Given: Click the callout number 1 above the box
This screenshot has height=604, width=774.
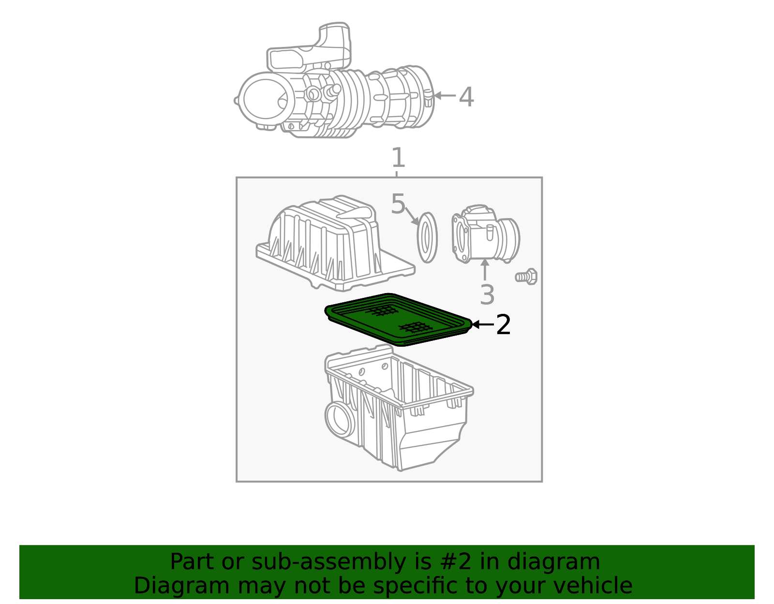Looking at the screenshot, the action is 398,158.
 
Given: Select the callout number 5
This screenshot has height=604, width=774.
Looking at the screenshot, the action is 398,204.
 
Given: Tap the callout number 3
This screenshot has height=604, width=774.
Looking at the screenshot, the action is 487,295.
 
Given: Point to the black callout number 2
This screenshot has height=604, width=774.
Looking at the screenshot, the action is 503,324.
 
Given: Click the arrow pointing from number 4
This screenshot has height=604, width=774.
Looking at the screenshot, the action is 445,95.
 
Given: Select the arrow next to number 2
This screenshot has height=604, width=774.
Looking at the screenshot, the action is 483,324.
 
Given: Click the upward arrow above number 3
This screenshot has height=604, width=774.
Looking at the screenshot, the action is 485,270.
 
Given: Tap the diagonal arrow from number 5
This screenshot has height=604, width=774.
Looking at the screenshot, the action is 412,216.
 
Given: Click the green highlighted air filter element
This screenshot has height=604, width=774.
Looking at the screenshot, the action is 398,319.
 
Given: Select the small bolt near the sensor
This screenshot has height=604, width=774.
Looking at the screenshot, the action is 526,277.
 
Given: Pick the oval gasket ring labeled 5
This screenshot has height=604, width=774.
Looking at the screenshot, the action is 427,237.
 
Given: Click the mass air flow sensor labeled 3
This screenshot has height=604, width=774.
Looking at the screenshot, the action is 486,234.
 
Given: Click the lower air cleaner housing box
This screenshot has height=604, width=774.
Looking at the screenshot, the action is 399,407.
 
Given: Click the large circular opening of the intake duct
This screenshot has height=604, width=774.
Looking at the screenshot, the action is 266,99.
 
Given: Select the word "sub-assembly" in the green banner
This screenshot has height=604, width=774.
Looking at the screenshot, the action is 328,561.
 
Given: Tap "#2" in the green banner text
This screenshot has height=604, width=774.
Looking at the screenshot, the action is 456,561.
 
